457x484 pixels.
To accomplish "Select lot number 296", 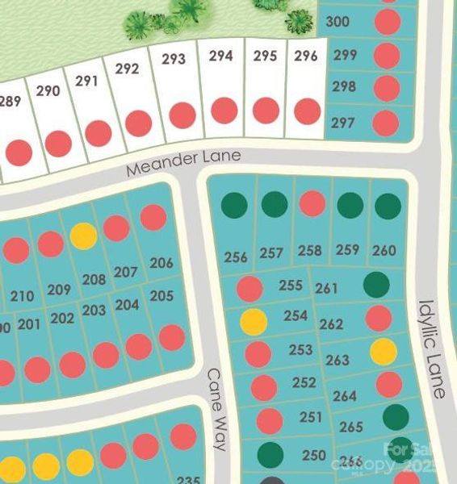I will pyautogui.click(x=305, y=56).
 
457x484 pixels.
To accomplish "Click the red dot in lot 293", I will pyautogui.click(x=183, y=115).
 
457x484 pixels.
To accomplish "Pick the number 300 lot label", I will pyautogui.click(x=337, y=21).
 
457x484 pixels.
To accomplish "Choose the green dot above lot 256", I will pyautogui.click(x=235, y=205).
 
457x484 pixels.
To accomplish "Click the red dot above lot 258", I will pyautogui.click(x=312, y=204).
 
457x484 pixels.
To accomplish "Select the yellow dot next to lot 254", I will pyautogui.click(x=254, y=322).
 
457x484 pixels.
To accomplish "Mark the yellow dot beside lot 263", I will pyautogui.click(x=384, y=352).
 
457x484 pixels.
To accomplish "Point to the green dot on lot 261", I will pyautogui.click(x=376, y=284).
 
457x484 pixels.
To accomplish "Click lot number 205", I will pyautogui.click(x=161, y=295).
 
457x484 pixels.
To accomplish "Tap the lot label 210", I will pyautogui.click(x=23, y=296).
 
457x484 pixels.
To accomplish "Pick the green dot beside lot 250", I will pyautogui.click(x=270, y=455).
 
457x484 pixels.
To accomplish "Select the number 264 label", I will pyautogui.click(x=344, y=396).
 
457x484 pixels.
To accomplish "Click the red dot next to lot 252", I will pyautogui.click(x=264, y=387).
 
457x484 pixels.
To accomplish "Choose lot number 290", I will pyautogui.click(x=48, y=90).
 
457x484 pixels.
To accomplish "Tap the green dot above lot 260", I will pyautogui.click(x=388, y=206).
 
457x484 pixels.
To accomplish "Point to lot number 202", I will pyautogui.click(x=62, y=318).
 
